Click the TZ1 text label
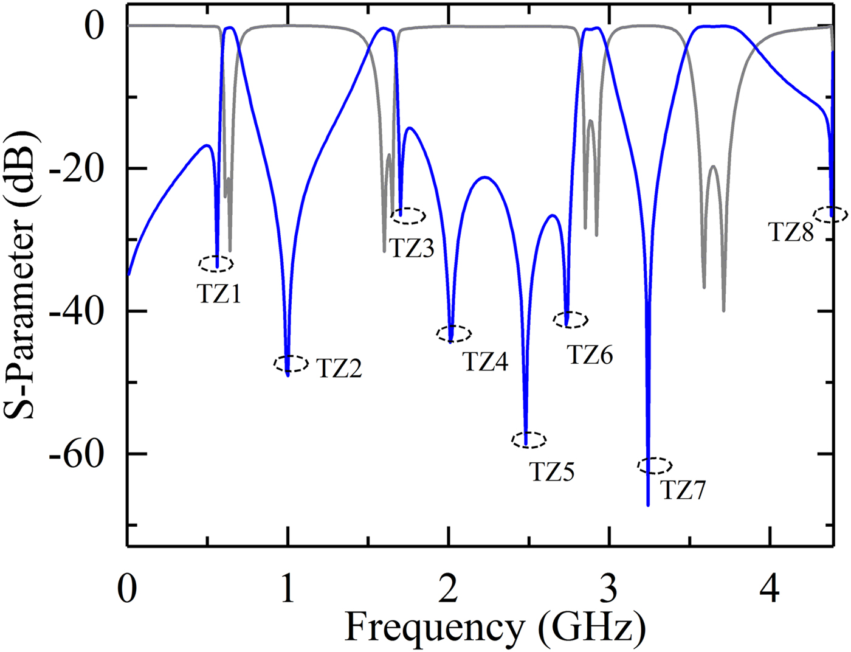click(x=219, y=294)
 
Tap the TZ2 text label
click(x=339, y=368)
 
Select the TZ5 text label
click(x=552, y=471)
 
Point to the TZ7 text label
click(x=683, y=490)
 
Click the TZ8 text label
click(x=791, y=232)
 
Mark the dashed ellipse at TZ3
click(x=408, y=215)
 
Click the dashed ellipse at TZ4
click(x=454, y=333)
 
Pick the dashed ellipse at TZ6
click(x=570, y=319)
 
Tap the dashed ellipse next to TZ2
click(x=291, y=364)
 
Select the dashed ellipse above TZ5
click(x=529, y=440)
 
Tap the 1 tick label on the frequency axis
click(x=288, y=589)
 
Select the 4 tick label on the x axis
click(x=770, y=589)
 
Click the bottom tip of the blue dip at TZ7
click(x=648, y=505)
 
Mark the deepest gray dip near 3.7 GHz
click(x=723, y=311)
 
